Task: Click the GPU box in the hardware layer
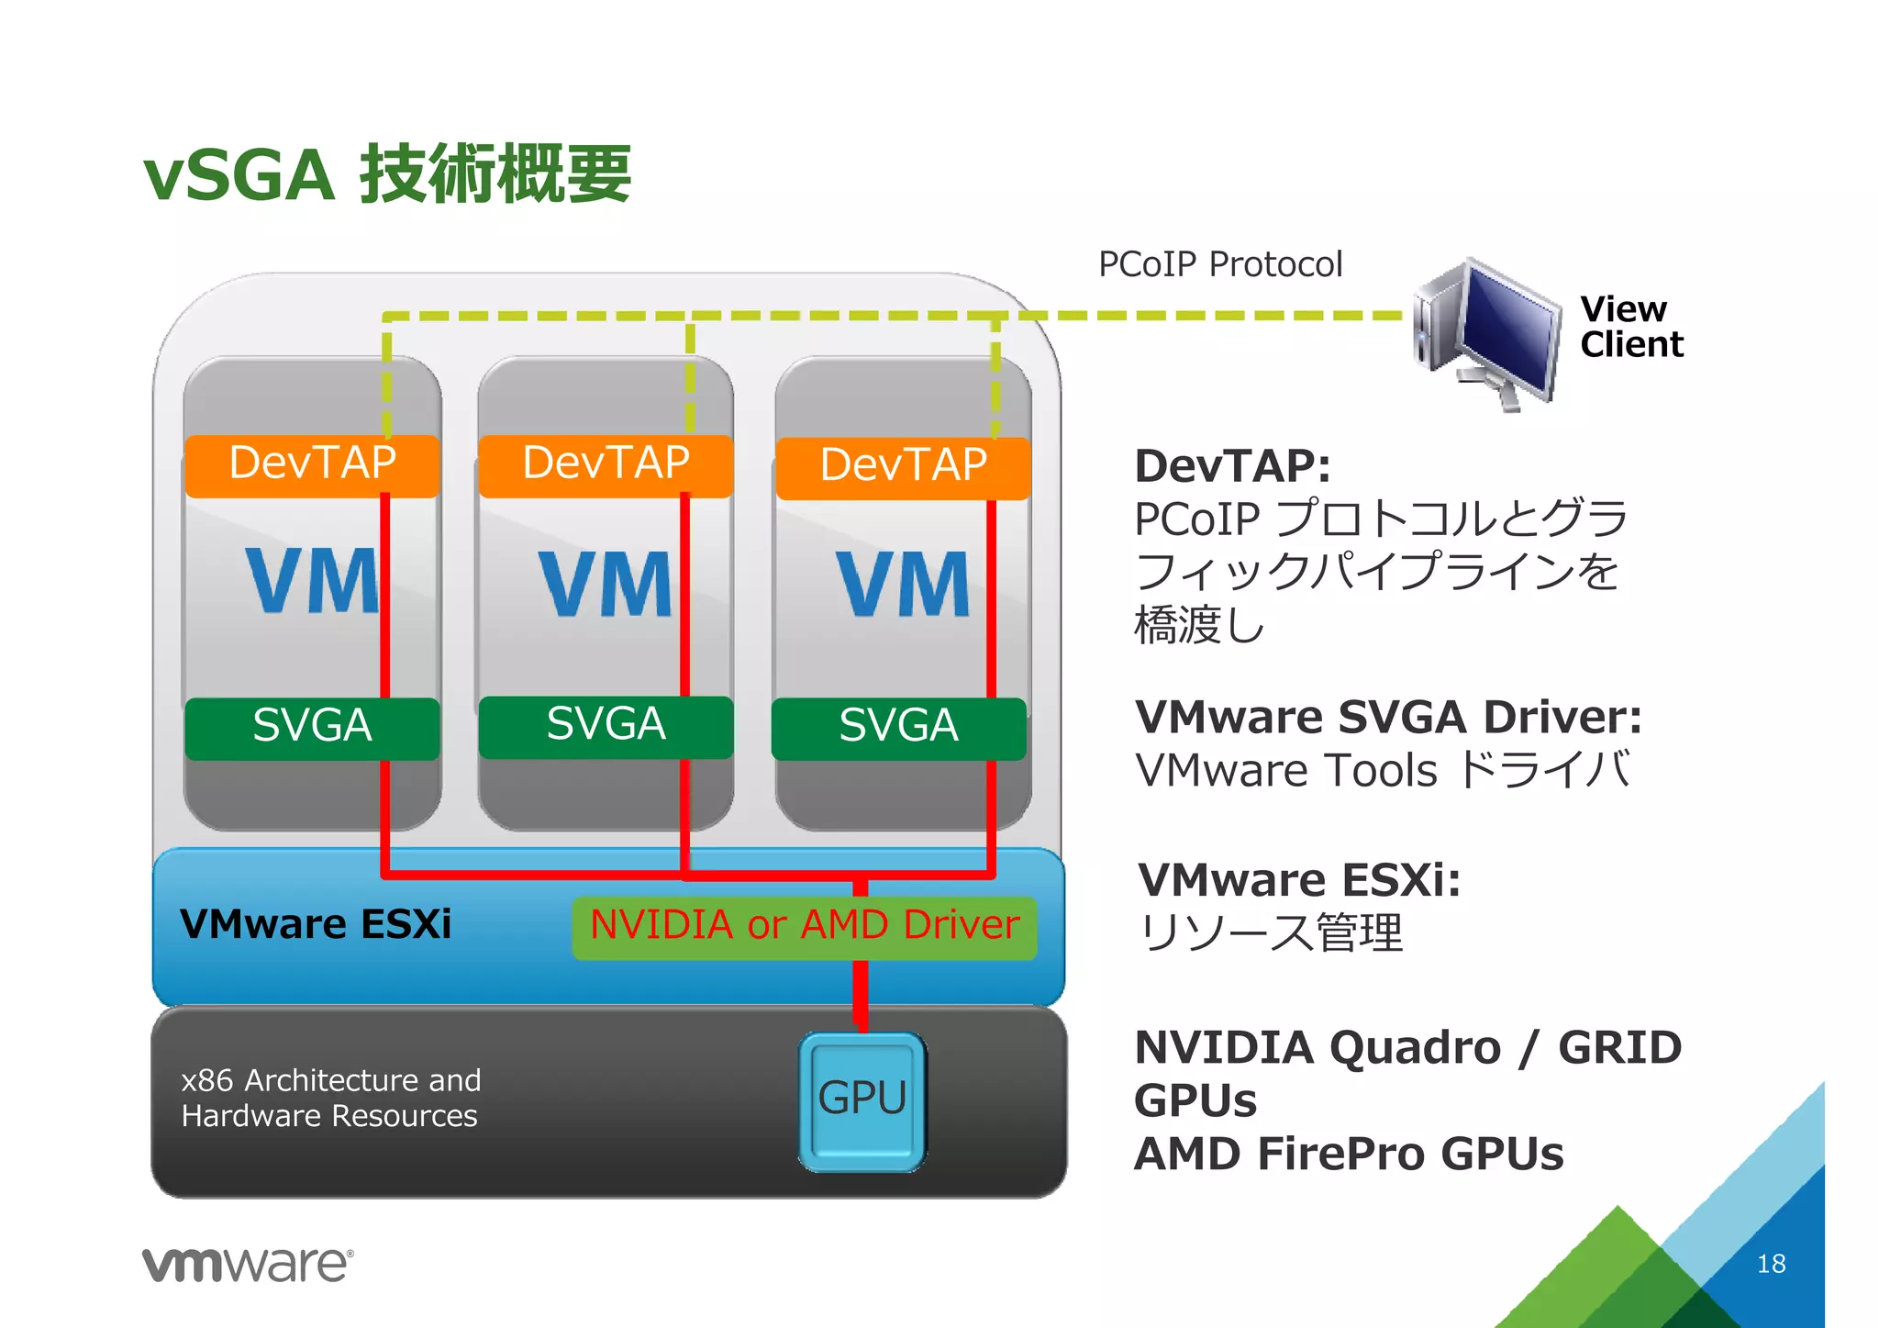coord(862,1100)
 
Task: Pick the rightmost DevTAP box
coord(903,467)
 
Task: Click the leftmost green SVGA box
coord(312,728)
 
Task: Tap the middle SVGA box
coord(606,726)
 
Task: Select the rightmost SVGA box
coord(898,728)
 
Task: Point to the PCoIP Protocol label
coord(1219,264)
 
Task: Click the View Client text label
coord(1630,327)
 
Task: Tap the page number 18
coord(1771,1264)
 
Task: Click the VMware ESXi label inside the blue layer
coord(316,923)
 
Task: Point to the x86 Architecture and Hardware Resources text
coord(330,1098)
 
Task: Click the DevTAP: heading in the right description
coord(1231,466)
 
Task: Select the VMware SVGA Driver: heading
coord(1387,717)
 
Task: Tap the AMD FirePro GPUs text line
coord(1348,1154)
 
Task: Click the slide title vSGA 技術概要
coord(387,174)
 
